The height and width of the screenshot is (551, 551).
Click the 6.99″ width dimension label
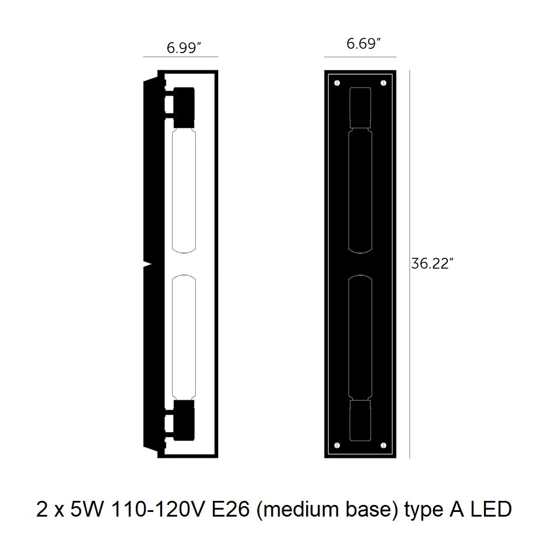tap(184, 47)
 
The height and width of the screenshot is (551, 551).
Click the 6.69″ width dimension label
tap(364, 44)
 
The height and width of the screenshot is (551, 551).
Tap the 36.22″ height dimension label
tap(430, 263)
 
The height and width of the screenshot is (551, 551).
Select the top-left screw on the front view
tap(338, 83)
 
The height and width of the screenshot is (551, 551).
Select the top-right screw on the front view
tap(384, 83)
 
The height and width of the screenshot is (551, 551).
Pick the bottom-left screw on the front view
tap(338, 445)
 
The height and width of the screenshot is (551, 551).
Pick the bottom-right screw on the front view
tap(384, 445)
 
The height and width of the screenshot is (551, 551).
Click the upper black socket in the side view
tap(184, 107)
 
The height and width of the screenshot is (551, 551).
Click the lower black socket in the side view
tap(184, 420)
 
